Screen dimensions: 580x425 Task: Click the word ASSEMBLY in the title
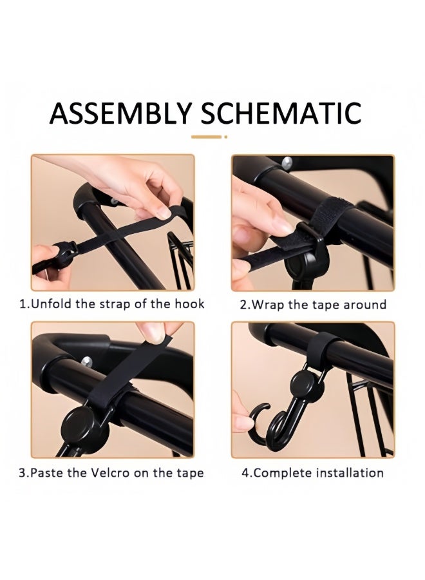click(x=120, y=113)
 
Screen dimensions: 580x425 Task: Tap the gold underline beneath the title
click(x=209, y=137)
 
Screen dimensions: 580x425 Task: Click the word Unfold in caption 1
click(x=51, y=304)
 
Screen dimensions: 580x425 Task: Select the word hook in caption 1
click(x=190, y=304)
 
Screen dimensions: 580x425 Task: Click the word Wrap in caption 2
click(x=267, y=304)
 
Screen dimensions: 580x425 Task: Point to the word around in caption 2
click(x=363, y=304)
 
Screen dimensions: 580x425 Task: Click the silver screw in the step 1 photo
click(x=114, y=201)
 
